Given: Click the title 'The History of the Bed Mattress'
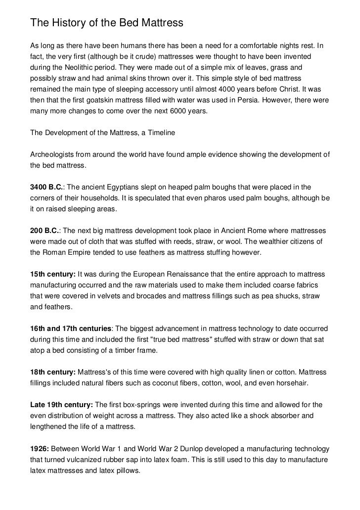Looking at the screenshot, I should (107, 23).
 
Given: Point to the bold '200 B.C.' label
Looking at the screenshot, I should (45, 231).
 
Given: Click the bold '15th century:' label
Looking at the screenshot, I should (53, 274).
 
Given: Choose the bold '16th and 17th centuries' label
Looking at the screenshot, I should (71, 328).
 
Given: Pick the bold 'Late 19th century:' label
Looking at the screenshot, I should (61, 404).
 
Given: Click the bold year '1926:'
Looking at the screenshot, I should (40, 448).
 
